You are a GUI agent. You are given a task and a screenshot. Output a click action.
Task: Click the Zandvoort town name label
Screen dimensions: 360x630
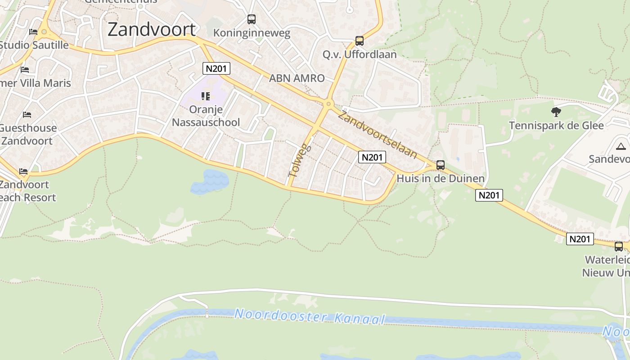click(152, 29)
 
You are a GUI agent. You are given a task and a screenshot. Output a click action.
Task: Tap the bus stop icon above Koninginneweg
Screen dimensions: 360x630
click(252, 19)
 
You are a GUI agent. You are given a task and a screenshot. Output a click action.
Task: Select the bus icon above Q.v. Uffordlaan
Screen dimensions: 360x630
click(360, 41)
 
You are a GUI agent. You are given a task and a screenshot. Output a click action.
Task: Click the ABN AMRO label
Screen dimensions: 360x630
click(297, 78)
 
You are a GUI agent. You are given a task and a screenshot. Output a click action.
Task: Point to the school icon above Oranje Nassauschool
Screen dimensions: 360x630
click(206, 96)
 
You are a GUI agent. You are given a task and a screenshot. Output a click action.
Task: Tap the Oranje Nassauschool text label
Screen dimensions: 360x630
click(206, 116)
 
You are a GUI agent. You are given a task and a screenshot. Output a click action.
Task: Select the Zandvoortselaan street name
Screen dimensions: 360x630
click(378, 134)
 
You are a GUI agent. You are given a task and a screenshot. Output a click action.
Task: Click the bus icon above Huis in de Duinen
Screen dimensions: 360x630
click(441, 165)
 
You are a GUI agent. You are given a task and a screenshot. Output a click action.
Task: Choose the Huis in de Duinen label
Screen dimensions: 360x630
click(441, 179)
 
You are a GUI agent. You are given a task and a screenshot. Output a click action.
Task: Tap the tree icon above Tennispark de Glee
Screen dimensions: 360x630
click(556, 112)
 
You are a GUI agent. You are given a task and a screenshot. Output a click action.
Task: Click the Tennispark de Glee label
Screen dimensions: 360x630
click(556, 125)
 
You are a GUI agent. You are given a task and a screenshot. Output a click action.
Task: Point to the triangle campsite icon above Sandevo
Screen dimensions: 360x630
click(621, 146)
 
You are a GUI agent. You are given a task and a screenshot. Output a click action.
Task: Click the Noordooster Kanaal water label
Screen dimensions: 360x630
click(310, 316)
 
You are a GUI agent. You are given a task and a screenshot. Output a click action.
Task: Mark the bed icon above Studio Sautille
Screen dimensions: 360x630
click(33, 32)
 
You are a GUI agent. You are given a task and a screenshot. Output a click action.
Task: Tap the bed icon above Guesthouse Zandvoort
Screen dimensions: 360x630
click(27, 115)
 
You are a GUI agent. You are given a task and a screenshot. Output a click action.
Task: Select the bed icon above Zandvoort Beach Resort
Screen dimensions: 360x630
click(23, 171)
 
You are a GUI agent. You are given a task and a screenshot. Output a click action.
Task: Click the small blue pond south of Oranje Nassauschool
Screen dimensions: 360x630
click(210, 181)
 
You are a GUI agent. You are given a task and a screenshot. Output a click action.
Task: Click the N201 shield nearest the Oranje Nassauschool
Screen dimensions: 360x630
click(216, 69)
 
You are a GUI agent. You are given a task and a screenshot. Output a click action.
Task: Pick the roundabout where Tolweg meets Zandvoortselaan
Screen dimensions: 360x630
click(328, 104)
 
